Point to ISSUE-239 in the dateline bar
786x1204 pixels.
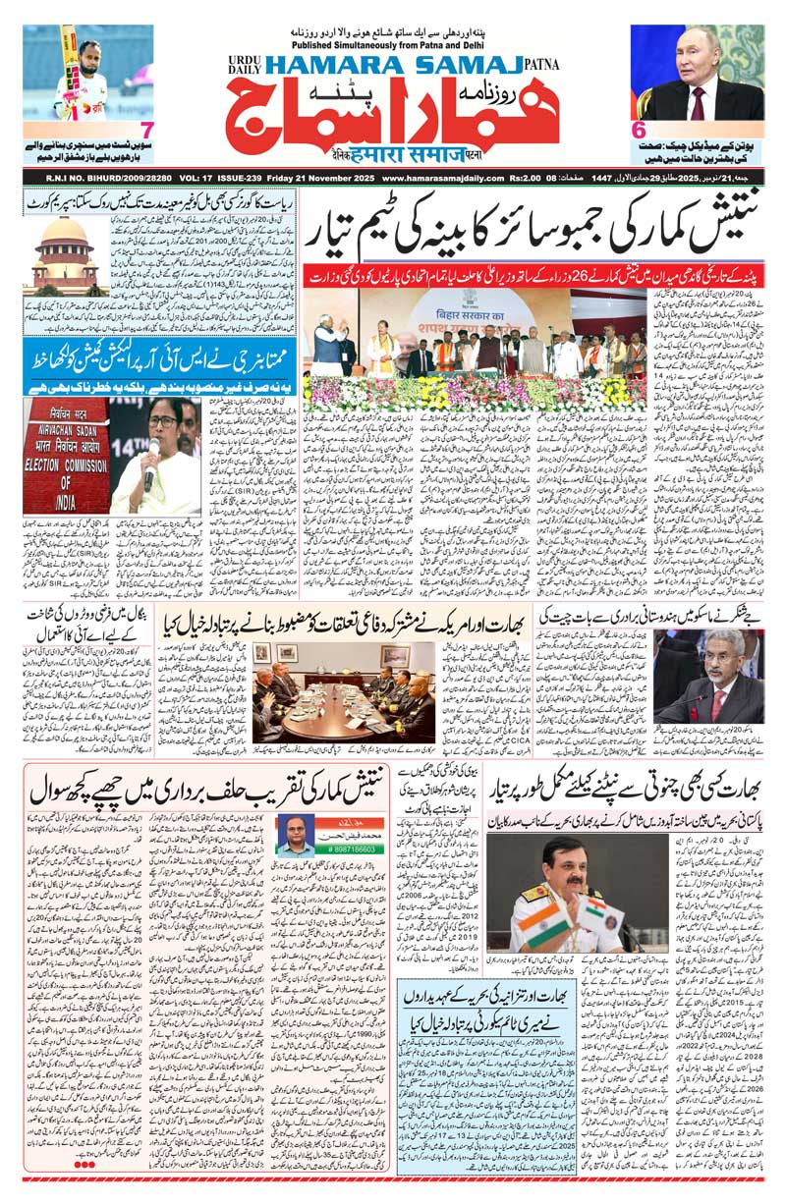(234, 178)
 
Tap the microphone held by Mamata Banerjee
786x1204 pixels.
(150, 464)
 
